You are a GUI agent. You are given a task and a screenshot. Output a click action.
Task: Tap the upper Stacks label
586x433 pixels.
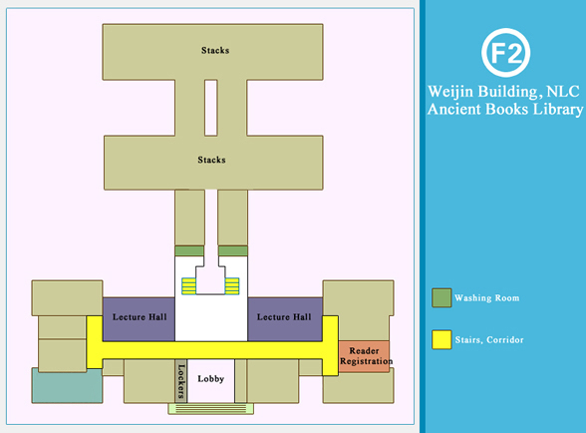(215, 50)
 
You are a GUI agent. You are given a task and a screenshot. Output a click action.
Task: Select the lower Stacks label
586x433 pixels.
(211, 160)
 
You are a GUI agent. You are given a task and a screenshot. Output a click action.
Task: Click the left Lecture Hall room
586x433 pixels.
(140, 319)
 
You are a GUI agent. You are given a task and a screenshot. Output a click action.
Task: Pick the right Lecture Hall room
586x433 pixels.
(285, 319)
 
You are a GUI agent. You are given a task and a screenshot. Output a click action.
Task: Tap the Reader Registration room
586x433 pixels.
(364, 356)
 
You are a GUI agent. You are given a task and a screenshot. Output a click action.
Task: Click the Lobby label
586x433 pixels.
(211, 379)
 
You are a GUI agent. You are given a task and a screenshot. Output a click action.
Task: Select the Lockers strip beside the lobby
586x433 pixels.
(181, 381)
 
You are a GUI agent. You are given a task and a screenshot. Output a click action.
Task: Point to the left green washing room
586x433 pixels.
(189, 250)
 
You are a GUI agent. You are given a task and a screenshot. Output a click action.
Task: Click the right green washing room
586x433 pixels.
(233, 250)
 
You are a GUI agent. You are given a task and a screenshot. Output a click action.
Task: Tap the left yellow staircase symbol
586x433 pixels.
(188, 286)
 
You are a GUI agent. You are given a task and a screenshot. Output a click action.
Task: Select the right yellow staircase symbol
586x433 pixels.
(232, 286)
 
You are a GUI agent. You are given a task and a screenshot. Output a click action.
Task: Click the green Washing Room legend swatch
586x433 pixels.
(441, 298)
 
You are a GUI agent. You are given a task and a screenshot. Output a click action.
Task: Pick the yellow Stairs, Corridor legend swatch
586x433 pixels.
(441, 340)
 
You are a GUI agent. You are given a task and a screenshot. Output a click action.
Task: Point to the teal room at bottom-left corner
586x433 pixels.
(67, 386)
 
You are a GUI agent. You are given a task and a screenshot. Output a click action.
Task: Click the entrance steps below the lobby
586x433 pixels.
(211, 409)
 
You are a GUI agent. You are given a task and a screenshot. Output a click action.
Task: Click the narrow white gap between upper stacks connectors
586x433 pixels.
(211, 108)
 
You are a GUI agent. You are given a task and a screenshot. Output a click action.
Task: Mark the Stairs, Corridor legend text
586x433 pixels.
(489, 340)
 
